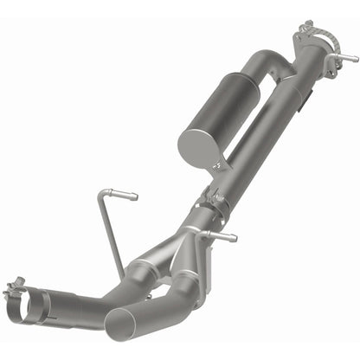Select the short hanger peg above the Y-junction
(227, 235)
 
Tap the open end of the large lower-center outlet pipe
(120, 325)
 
